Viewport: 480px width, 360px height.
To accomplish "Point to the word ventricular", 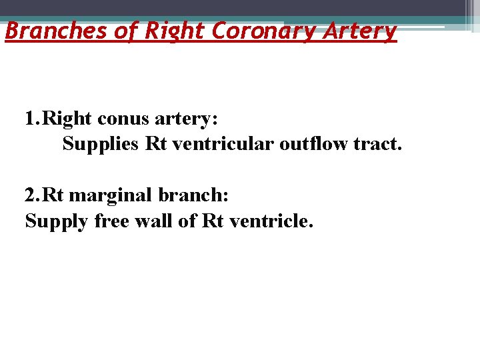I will tap(222, 144).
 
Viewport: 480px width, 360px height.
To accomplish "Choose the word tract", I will tap(377, 144).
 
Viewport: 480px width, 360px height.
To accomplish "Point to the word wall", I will tap(155, 220).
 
